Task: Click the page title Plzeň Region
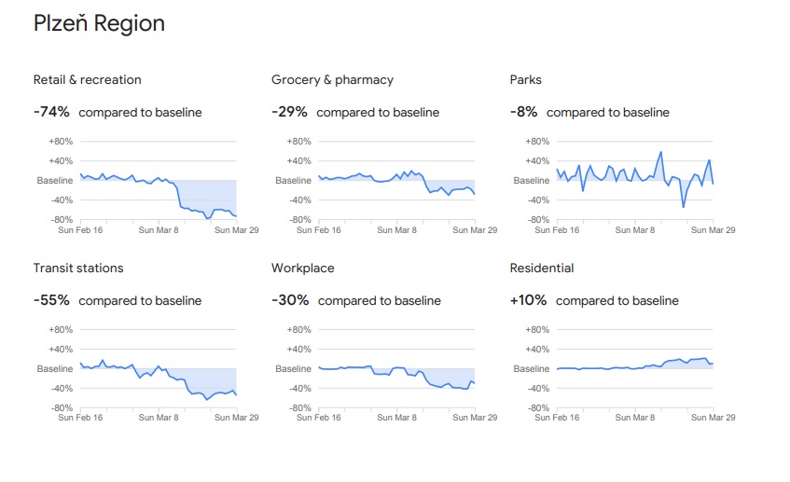(99, 24)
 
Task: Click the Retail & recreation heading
(88, 80)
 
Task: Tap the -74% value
(51, 112)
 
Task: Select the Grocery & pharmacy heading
(332, 80)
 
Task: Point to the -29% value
(289, 112)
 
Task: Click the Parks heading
(525, 80)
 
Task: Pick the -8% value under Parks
(523, 112)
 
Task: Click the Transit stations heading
(78, 269)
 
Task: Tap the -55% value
(51, 300)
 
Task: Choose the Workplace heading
(301, 269)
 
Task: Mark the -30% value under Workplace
(290, 300)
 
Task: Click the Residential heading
(542, 269)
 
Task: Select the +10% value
(528, 300)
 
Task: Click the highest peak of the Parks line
(661, 152)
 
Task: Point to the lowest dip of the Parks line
(683, 207)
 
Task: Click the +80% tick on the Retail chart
(61, 142)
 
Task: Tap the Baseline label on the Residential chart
(532, 369)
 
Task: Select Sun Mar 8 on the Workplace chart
(396, 418)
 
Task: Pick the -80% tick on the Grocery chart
(299, 220)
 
